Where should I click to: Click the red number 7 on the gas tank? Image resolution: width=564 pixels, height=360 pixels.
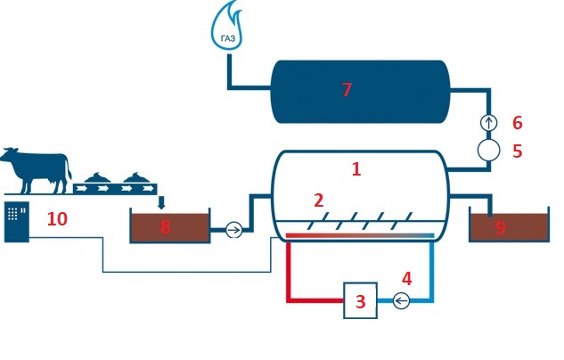click(347, 90)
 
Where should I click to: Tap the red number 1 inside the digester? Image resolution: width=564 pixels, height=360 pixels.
click(356, 168)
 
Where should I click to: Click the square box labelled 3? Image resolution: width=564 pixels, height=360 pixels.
click(360, 300)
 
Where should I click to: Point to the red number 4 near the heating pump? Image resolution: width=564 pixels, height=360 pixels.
click(407, 278)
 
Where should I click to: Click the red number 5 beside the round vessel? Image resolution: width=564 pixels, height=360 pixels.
click(517, 151)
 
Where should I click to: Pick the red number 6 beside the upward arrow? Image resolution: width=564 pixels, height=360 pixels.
click(517, 122)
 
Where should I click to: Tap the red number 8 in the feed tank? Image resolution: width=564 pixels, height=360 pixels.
click(165, 227)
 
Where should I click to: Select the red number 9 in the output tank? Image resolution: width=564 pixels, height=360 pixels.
click(500, 228)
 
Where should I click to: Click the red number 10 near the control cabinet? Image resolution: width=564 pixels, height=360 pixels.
click(57, 219)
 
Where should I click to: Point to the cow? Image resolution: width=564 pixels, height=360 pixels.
click(36, 169)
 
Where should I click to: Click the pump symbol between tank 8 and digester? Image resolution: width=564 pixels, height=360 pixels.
click(233, 230)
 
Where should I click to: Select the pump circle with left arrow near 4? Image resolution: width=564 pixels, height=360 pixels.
click(401, 301)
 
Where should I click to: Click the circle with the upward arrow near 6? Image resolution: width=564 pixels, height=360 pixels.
click(487, 122)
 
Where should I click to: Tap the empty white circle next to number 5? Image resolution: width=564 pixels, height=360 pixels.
click(487, 150)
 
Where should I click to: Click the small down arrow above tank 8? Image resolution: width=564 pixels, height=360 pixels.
click(161, 203)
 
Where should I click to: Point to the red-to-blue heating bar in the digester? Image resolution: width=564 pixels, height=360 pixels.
click(360, 236)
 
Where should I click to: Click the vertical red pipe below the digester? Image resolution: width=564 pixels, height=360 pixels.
click(289, 267)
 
